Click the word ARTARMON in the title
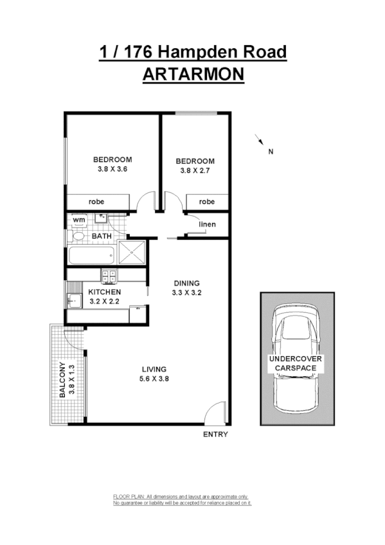[192, 74]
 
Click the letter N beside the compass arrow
[271, 152]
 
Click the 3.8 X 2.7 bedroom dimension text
[195, 171]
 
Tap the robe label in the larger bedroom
[96, 202]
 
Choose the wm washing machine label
[78, 220]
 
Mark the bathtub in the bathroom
[90, 256]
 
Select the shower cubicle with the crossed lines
[132, 253]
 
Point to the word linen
[207, 224]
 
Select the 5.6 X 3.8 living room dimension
[154, 379]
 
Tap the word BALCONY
[62, 380]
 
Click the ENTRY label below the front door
[215, 434]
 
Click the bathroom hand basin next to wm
[100, 219]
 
